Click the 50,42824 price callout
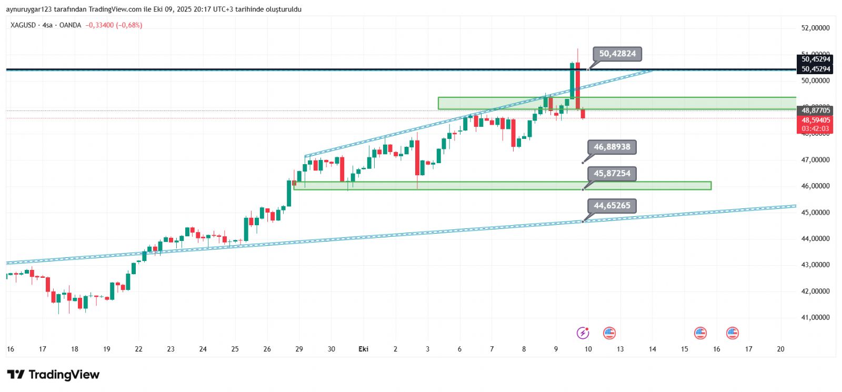point(617,54)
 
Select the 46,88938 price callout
point(612,147)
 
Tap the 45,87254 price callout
point(612,173)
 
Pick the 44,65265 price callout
point(612,206)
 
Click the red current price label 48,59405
point(815,120)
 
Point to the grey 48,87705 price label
point(815,110)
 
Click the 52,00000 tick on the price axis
point(815,28)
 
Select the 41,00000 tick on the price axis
point(815,317)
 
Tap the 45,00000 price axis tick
point(815,213)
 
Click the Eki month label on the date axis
point(363,349)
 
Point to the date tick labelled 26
point(267,349)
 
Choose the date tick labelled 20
point(780,349)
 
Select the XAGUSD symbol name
point(23,25)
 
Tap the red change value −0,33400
point(100,25)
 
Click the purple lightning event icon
point(583,333)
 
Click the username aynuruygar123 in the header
point(28,9)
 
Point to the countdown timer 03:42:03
point(815,128)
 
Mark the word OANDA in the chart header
point(70,25)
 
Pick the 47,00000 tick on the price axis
point(815,159)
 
